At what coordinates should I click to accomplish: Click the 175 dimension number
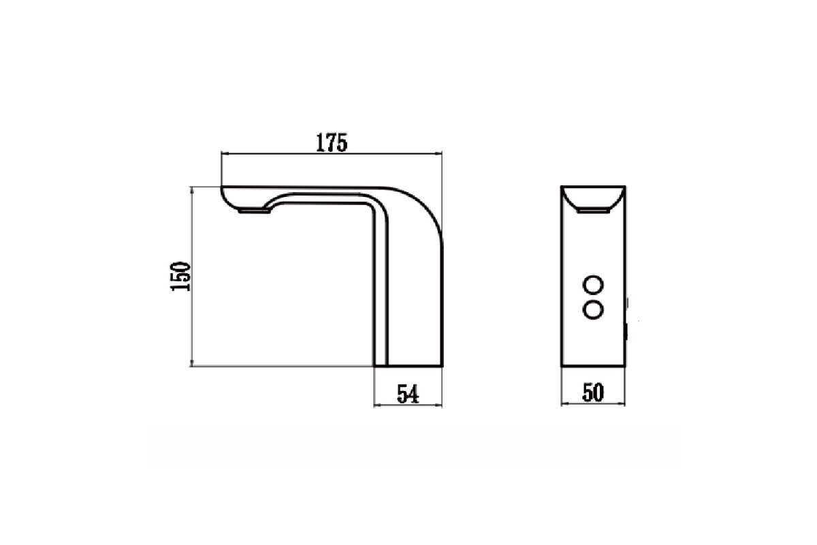331,143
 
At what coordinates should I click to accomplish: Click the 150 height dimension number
180,277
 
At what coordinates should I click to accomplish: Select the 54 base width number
408,394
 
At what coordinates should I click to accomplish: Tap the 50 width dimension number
593,392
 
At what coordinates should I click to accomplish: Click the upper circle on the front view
593,285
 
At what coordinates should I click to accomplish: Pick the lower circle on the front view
593,310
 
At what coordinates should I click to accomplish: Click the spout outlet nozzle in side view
254,211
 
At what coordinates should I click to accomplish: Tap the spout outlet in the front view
593,210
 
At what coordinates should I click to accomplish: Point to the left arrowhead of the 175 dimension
223,154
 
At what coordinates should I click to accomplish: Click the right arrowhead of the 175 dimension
439,154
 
